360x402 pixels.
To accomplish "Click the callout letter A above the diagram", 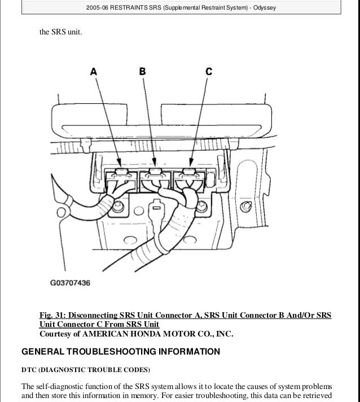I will coord(93,72).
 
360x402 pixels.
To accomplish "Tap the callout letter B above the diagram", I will coord(142,71).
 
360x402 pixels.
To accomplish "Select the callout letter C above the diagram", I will coord(208,71).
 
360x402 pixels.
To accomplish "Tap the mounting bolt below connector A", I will coord(117,209).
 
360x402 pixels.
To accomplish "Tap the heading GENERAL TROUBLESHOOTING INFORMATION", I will coord(120,352).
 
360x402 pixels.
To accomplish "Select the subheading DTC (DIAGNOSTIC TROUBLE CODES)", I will coord(85,370).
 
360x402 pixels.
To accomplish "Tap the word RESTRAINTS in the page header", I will coord(134,7).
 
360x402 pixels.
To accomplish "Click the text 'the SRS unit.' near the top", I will coord(60,32).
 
